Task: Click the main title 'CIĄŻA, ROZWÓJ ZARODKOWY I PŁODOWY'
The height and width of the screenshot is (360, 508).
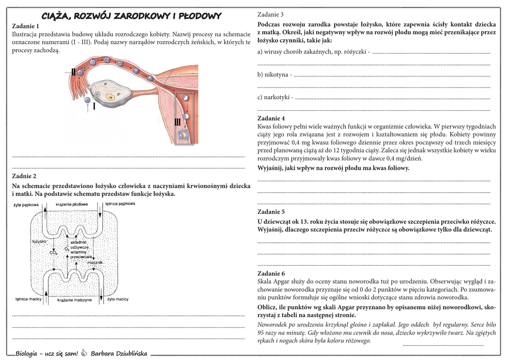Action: pyautogui.click(x=131, y=16)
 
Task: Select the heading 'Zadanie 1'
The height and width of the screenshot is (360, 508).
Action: pyautogui.click(x=25, y=26)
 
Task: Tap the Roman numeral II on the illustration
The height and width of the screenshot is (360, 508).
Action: pyautogui.click(x=73, y=72)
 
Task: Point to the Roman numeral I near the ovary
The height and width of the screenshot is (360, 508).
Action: pyautogui.click(x=94, y=105)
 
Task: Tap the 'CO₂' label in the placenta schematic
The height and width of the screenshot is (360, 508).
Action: pyautogui.click(x=54, y=252)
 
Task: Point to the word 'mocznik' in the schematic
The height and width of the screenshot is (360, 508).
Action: pyautogui.click(x=94, y=262)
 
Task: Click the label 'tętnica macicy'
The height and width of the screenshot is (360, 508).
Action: pyautogui.click(x=28, y=299)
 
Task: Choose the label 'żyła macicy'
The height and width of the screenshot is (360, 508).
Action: pyautogui.click(x=118, y=299)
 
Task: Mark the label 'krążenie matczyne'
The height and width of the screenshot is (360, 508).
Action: pyautogui.click(x=74, y=300)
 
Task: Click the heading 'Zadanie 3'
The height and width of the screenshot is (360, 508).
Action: pyautogui.click(x=271, y=14)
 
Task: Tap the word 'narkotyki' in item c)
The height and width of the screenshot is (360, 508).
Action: pyautogui.click(x=278, y=97)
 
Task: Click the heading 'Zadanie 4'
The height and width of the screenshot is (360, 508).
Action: pyautogui.click(x=271, y=118)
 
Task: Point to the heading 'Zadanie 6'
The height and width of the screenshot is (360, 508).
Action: pyautogui.click(x=271, y=274)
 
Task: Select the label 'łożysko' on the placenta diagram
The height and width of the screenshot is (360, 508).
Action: pyautogui.click(x=39, y=241)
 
